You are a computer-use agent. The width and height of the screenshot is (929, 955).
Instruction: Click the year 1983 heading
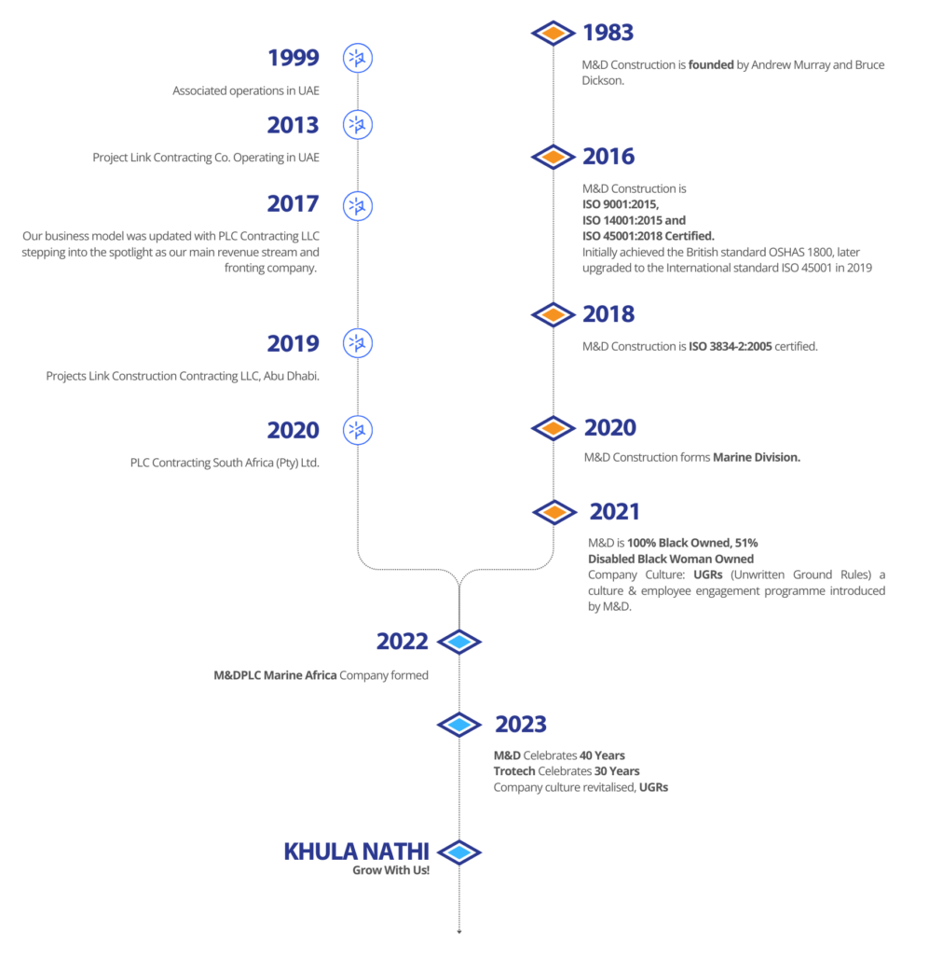(x=608, y=34)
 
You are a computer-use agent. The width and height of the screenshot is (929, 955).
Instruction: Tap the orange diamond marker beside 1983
(x=553, y=34)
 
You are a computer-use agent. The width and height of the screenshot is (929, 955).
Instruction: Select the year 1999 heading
(x=293, y=58)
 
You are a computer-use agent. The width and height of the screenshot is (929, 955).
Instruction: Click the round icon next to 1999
(x=357, y=58)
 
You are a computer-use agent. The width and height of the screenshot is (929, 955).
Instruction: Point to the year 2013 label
(x=293, y=125)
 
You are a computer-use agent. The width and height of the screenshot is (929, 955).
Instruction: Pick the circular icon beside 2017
(x=357, y=205)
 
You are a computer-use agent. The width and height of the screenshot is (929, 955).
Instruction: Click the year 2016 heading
(x=608, y=156)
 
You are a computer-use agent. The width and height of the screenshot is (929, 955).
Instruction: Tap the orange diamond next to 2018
(x=553, y=315)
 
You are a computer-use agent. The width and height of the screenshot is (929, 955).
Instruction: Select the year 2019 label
(x=293, y=344)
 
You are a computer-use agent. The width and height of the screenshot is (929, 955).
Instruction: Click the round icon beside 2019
(x=357, y=344)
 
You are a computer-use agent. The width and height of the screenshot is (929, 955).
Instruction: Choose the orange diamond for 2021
(x=554, y=512)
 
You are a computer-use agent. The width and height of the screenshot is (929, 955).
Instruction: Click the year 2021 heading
(x=615, y=512)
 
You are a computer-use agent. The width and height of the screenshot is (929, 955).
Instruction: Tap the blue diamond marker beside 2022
(x=458, y=642)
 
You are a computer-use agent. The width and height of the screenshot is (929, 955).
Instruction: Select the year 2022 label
(x=402, y=642)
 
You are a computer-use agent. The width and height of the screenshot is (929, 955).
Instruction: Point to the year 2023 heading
(x=520, y=724)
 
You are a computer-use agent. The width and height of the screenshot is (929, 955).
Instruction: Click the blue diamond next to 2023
(x=458, y=724)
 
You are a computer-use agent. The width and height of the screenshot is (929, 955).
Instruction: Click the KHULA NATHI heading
(x=356, y=851)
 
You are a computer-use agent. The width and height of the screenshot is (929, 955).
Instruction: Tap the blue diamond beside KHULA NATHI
(x=458, y=851)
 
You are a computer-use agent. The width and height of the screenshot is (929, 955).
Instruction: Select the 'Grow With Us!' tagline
(x=390, y=870)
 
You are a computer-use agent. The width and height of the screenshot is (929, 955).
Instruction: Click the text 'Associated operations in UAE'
(x=245, y=91)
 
